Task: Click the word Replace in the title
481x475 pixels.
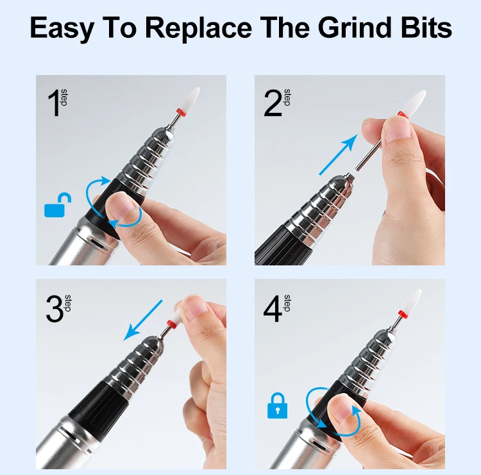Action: pyautogui.click(x=198, y=28)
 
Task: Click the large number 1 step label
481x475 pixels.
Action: pyautogui.click(x=57, y=103)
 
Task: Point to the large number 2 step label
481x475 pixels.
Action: pyautogui.click(x=276, y=103)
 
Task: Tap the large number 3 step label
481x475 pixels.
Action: pyautogui.click(x=58, y=308)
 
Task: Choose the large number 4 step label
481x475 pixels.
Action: pyautogui.click(x=276, y=308)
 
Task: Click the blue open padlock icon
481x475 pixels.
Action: pyautogui.click(x=58, y=205)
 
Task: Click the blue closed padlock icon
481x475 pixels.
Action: pyautogui.click(x=277, y=405)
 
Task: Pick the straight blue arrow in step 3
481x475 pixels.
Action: pyautogui.click(x=142, y=321)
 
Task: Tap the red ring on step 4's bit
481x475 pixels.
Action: pyautogui.click(x=402, y=314)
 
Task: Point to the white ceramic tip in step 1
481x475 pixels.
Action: pyautogui.click(x=192, y=99)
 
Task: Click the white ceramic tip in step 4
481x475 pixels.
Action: pyautogui.click(x=413, y=301)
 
